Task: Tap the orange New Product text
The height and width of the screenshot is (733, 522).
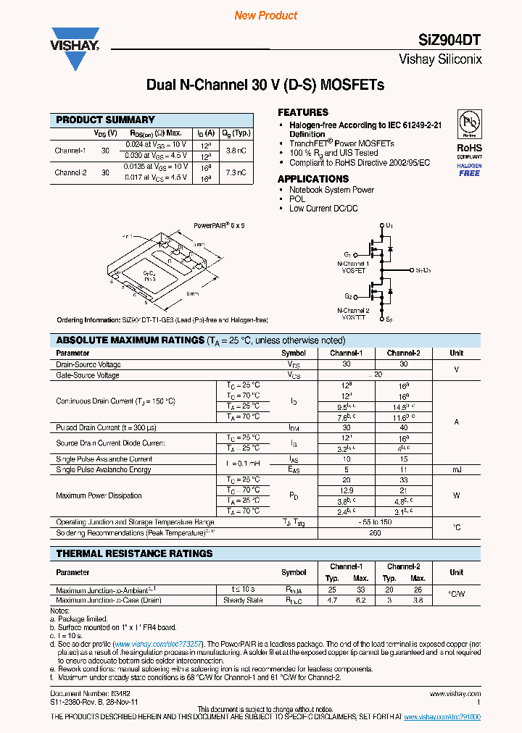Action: [x=266, y=15]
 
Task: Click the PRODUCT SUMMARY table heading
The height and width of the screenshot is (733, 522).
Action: [x=106, y=120]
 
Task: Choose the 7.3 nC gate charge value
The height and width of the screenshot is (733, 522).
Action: [x=236, y=173]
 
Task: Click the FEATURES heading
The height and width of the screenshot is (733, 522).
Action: [x=303, y=112]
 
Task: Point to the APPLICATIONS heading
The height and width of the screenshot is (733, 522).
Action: [x=313, y=179]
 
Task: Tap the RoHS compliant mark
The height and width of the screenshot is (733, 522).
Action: [x=469, y=148]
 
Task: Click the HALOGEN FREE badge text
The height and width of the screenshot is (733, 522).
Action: [x=469, y=169]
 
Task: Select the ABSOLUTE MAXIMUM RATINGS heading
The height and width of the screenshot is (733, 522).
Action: [x=130, y=340]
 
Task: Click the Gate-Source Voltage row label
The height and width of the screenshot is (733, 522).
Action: [x=88, y=375]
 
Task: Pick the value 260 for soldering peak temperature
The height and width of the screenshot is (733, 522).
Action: [x=375, y=532]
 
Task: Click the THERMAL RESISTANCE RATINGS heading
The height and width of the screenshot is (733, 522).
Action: [x=135, y=553]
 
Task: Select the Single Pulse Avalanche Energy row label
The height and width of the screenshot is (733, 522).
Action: [x=104, y=469]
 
